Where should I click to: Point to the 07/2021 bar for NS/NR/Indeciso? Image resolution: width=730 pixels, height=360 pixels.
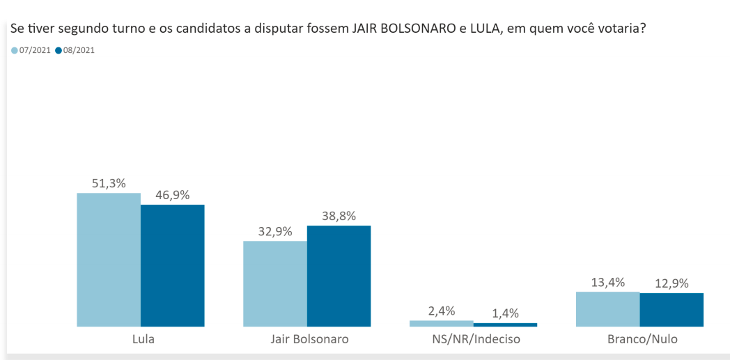[x=441, y=323]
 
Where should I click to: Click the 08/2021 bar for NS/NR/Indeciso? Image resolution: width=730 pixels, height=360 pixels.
[x=505, y=324]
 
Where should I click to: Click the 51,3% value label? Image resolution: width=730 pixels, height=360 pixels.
[x=109, y=183]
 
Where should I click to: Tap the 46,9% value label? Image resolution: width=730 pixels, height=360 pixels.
[x=172, y=195]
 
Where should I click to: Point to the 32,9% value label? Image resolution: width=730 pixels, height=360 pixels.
[x=274, y=231]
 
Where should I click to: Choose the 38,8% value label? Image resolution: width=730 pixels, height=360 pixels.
[x=339, y=216]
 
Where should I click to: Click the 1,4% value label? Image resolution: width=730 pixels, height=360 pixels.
[x=505, y=313]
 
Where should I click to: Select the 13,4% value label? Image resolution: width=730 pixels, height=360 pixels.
[x=607, y=282]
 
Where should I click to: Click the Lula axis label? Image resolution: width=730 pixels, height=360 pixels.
[x=143, y=340]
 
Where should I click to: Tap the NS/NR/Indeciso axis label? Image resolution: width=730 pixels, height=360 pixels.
[x=475, y=340]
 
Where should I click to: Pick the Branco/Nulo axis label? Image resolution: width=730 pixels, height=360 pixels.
[x=642, y=340]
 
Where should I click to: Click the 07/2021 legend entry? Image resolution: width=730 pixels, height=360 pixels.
[x=31, y=50]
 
